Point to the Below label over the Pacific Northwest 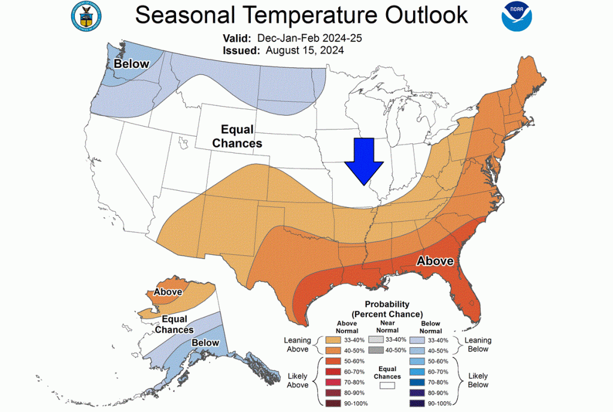tap(132, 63)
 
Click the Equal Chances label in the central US tap(238, 136)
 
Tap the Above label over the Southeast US tap(435, 261)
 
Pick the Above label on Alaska tap(168, 292)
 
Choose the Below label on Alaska tap(205, 342)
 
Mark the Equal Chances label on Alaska tap(174, 324)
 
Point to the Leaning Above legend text tap(297, 345)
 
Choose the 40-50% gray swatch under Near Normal tap(372, 350)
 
